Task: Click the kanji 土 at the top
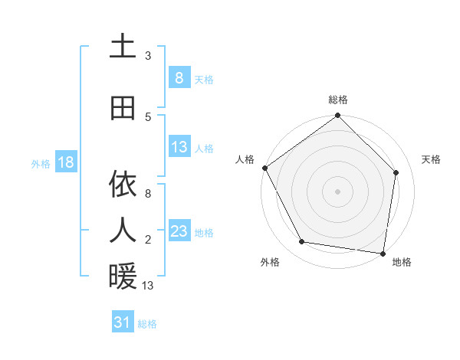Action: [x=123, y=47]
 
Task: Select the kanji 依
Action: [x=123, y=185]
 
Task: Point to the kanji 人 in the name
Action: [x=123, y=229]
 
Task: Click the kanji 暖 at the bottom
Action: [x=123, y=277]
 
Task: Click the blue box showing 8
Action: [x=179, y=77]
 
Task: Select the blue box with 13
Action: [x=179, y=147]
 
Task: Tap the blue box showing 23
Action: [x=179, y=231]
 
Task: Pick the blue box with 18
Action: [x=65, y=162]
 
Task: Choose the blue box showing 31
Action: [x=123, y=322]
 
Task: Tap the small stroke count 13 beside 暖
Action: [x=149, y=286]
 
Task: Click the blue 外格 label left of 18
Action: [x=41, y=163]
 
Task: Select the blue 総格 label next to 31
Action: [x=147, y=324]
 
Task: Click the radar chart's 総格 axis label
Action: [x=338, y=100]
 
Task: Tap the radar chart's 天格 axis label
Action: [x=431, y=159]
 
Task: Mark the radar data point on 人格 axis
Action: [x=264, y=168]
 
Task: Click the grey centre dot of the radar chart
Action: [x=338, y=191]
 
